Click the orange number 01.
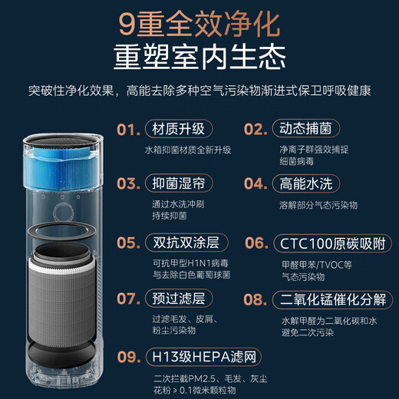(x=128, y=129)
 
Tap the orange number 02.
(x=256, y=129)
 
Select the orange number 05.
(x=128, y=242)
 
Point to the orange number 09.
(x=128, y=356)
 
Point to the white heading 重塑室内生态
(x=199, y=59)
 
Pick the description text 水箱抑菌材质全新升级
(x=187, y=150)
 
